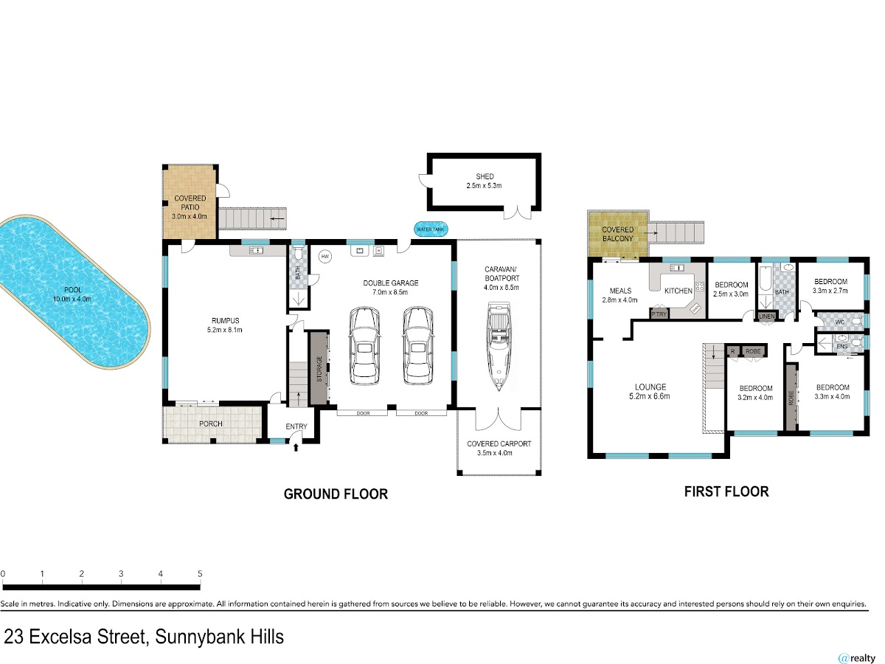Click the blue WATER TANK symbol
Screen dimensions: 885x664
pos(431,229)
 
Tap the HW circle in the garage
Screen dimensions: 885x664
pos(325,257)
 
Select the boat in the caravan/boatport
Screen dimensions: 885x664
pos(499,346)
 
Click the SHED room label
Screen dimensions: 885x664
pos(485,176)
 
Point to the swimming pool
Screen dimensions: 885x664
pos(72,291)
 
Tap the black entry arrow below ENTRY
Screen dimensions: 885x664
pos(296,447)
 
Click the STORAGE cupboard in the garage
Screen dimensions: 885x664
pos(319,368)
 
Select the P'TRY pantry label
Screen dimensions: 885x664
pos(659,314)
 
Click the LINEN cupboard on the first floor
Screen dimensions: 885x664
pos(766,317)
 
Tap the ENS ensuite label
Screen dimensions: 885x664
pos(842,346)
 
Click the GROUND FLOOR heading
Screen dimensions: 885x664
pos(336,494)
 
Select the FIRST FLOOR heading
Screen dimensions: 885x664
pos(726,491)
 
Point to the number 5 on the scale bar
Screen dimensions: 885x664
pos(200,573)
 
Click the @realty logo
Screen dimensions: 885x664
pos(857,658)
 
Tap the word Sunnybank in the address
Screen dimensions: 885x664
pos(200,637)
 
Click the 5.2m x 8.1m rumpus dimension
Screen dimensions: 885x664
pos(225,330)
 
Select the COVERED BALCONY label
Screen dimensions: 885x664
pos(618,234)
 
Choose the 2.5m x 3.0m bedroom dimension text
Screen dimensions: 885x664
pos(731,294)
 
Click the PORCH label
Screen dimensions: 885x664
pos(211,423)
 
